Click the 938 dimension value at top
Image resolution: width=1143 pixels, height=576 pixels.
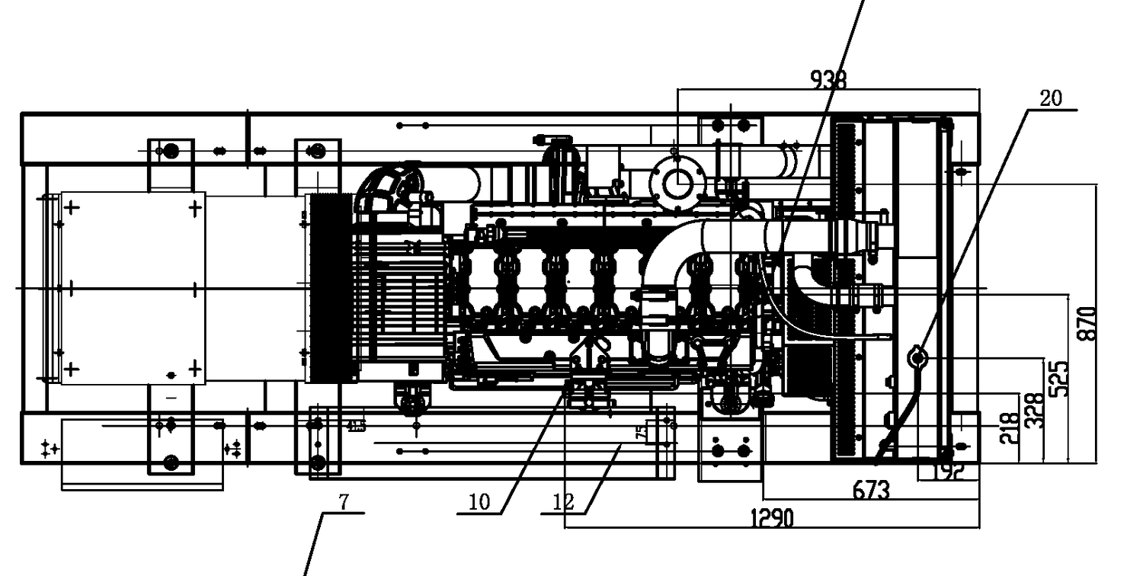(828, 79)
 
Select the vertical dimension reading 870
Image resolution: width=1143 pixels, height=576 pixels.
(1088, 323)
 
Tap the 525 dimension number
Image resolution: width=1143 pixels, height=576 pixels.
(1059, 378)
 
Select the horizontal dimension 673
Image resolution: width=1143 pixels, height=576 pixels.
(870, 491)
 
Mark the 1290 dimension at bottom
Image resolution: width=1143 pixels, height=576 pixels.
(772, 519)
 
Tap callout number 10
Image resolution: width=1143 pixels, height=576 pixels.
(479, 502)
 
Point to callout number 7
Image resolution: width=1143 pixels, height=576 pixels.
(344, 502)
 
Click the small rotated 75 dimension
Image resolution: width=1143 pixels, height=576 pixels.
(641, 433)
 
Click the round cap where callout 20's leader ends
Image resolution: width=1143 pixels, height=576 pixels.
(917, 356)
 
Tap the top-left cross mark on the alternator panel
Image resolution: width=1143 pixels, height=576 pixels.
(72, 206)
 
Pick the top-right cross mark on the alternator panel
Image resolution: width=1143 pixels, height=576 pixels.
(196, 206)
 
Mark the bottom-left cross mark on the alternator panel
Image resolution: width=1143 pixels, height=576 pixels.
(72, 370)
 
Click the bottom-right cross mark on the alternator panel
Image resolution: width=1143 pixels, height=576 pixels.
(196, 370)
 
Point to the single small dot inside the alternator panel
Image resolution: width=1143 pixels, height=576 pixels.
(171, 375)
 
